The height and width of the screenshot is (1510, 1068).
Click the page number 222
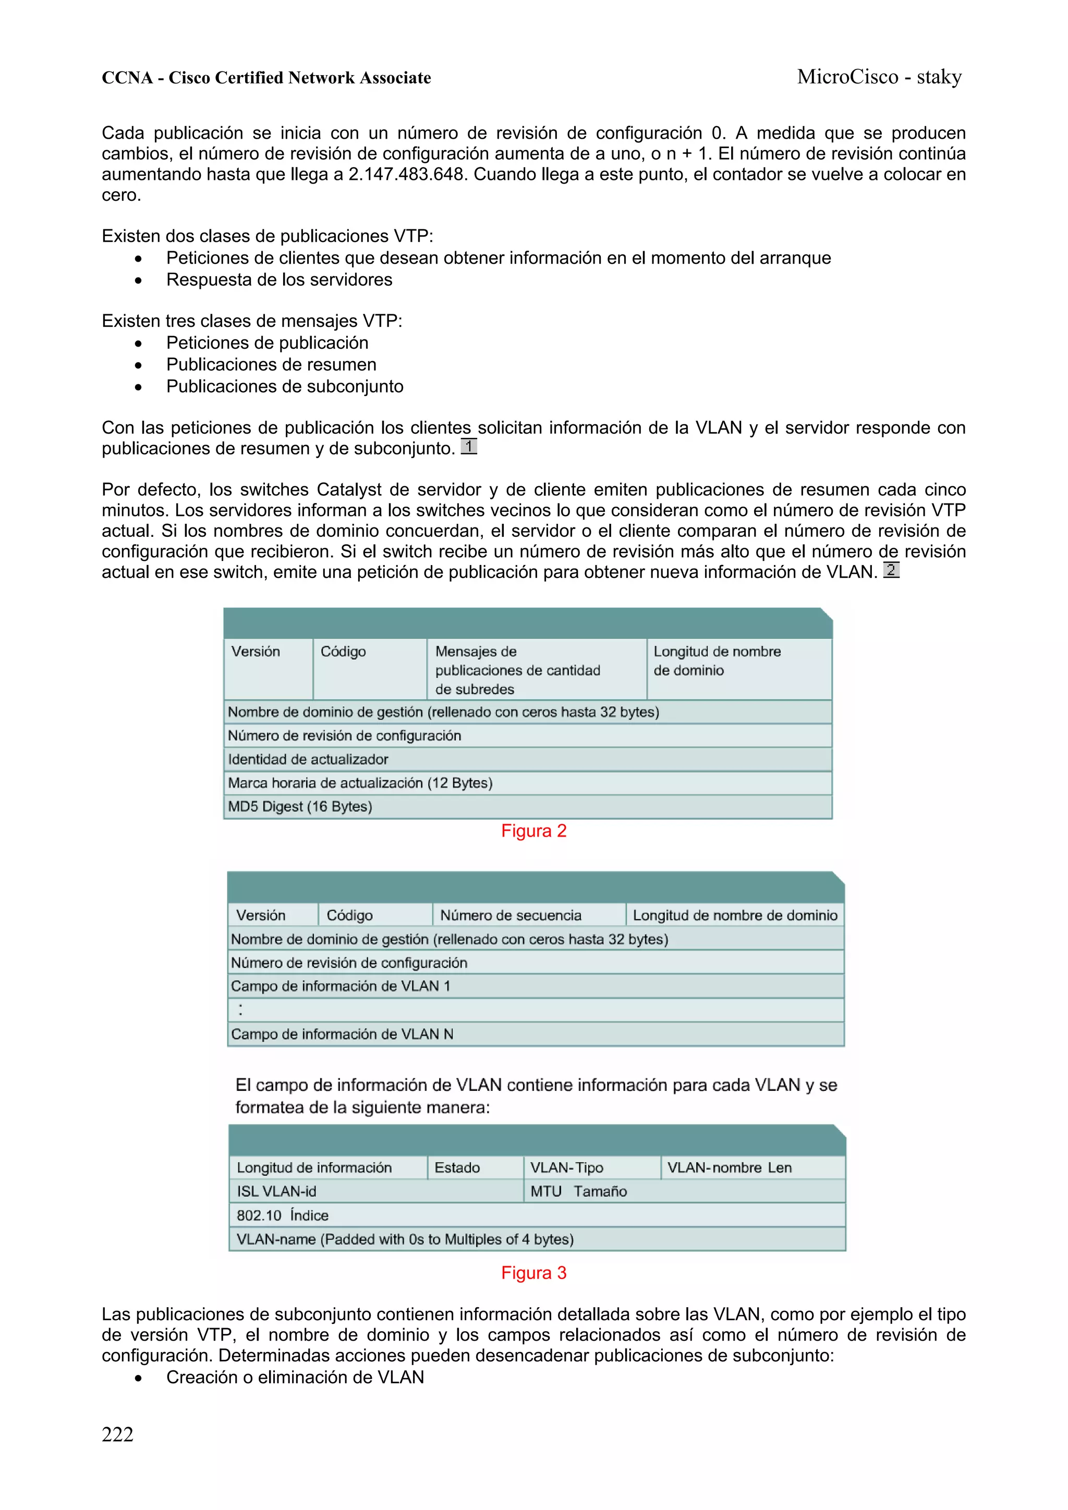pos(117,1434)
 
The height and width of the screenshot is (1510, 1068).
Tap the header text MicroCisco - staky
pos(879,77)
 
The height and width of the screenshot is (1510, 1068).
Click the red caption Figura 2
pos(533,831)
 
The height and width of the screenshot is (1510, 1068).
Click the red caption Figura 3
pos(533,1273)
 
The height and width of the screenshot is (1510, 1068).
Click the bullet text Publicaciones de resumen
pos(271,364)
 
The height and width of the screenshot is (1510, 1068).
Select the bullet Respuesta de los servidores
pos(279,279)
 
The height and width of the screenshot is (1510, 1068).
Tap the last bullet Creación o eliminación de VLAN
pos(295,1377)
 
